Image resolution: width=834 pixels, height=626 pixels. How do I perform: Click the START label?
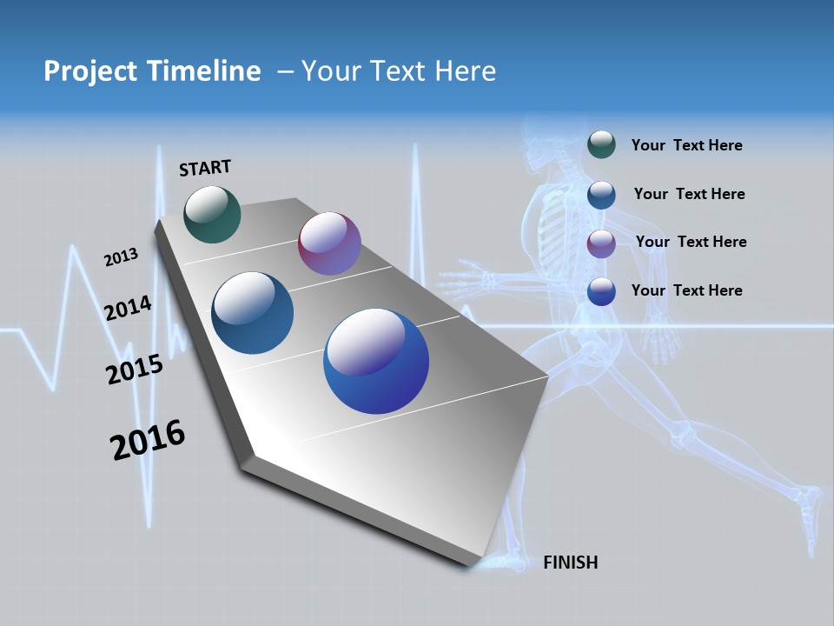click(x=205, y=168)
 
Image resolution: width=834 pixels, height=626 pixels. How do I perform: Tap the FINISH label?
click(x=570, y=563)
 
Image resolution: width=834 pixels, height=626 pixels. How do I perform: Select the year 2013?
click(x=121, y=257)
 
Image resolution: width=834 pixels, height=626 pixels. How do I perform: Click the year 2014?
click(x=128, y=309)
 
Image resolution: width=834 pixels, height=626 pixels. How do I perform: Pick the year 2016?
click(x=148, y=440)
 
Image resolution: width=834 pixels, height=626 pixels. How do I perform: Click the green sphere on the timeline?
click(x=212, y=214)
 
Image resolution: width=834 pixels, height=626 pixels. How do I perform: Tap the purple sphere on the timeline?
click(x=329, y=243)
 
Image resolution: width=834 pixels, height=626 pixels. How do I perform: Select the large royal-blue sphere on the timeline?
click(x=376, y=361)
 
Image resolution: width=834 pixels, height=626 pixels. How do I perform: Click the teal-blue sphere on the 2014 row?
click(x=252, y=313)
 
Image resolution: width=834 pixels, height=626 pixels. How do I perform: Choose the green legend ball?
click(x=601, y=144)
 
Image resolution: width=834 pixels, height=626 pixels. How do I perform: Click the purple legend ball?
click(x=601, y=243)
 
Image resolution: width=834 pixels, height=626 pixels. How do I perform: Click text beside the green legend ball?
click(x=686, y=145)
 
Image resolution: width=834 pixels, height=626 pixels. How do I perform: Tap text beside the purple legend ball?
click(x=691, y=242)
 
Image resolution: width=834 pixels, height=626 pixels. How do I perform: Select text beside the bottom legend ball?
click(x=686, y=290)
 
